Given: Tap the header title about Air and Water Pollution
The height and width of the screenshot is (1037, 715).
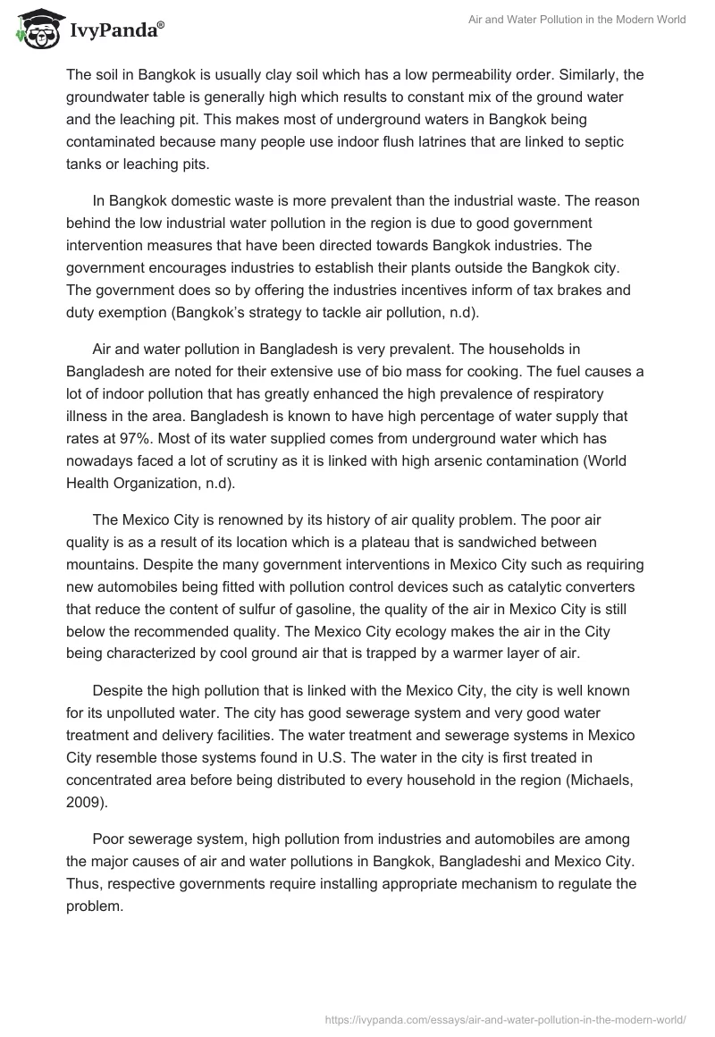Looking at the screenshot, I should click(x=577, y=20).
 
